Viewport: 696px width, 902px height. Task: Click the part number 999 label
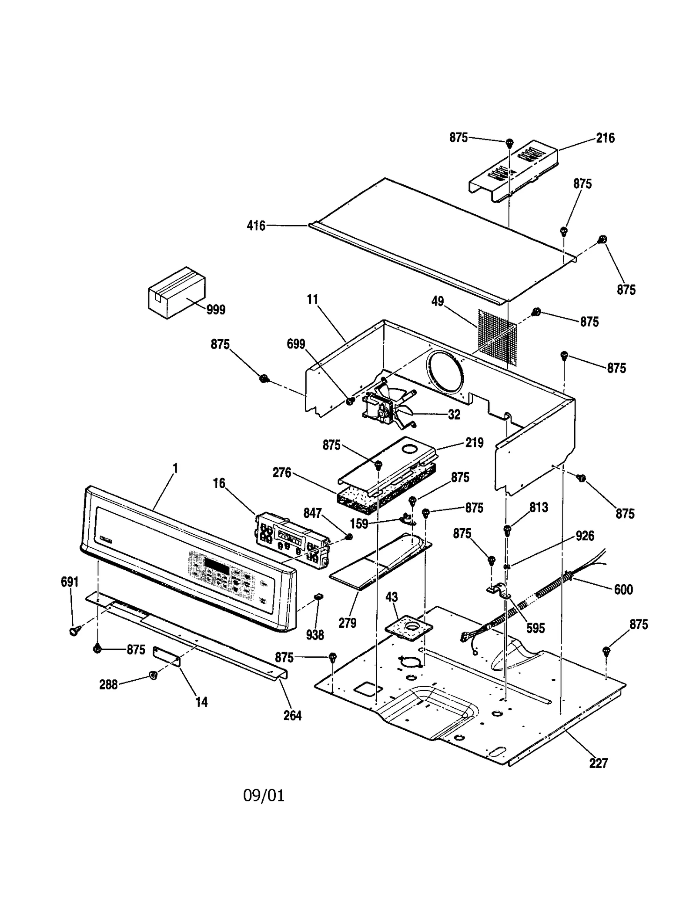point(216,310)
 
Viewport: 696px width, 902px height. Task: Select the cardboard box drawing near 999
point(176,292)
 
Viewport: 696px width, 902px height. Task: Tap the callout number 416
point(256,226)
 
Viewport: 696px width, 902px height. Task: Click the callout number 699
point(296,344)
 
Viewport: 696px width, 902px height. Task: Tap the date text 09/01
point(264,796)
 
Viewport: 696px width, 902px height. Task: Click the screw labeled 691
point(74,630)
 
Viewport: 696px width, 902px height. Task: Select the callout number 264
point(292,716)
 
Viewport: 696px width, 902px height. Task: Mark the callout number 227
point(598,763)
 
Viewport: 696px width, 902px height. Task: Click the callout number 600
point(623,589)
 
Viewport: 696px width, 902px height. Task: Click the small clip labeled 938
point(319,596)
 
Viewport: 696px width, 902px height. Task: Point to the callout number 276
point(282,473)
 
